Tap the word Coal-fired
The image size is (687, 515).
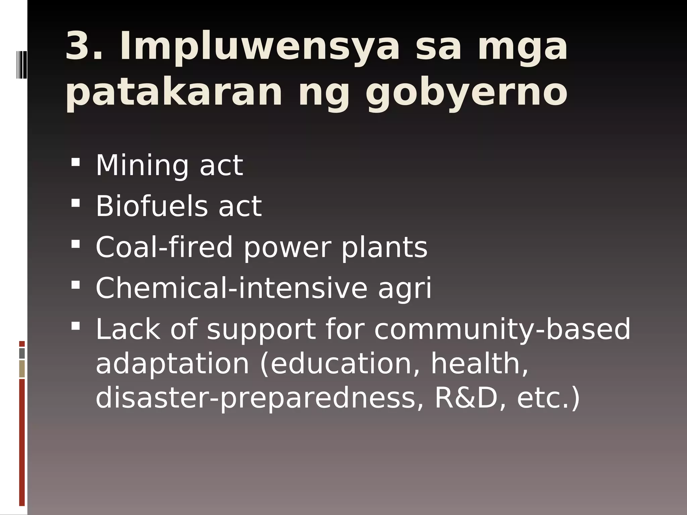[164, 247]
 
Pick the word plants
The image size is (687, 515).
[384, 248]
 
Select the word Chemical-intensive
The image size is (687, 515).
[231, 288]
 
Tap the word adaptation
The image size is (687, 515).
[172, 364]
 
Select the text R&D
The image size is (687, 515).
[466, 398]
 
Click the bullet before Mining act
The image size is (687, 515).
[76, 162]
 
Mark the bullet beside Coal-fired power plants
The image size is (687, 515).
[76, 244]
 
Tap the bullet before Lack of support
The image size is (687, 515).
[76, 326]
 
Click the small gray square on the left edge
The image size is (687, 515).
[22, 353]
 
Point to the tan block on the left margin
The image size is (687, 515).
[22, 368]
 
